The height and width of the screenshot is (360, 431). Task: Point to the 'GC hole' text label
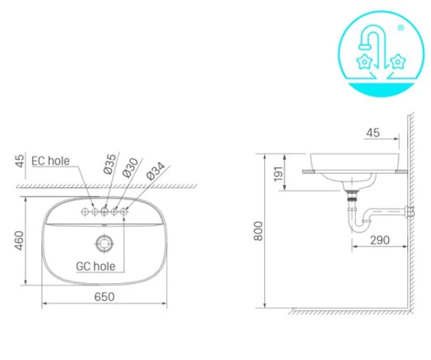[x=95, y=266]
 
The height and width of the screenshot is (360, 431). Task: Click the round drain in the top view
[x=104, y=243]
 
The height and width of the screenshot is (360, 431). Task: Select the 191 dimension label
[x=278, y=173]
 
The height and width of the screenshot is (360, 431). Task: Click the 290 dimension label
[x=379, y=240]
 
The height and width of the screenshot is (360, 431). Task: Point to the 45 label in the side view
[x=373, y=132]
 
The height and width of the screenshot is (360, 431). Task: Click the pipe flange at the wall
[x=411, y=212]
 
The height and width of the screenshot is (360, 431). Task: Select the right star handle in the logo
[x=397, y=62]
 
